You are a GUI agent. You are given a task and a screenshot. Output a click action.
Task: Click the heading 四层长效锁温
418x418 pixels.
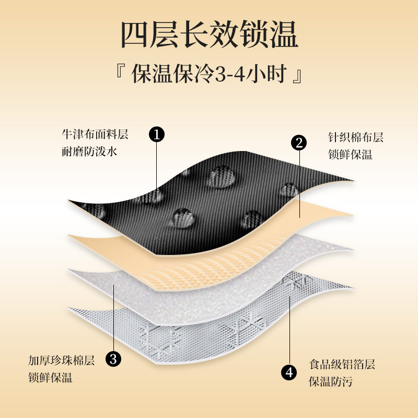pos(209,36)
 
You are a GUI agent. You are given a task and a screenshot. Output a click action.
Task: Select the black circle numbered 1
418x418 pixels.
pos(157,134)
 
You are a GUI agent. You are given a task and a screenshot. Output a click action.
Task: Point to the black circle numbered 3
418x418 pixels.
pos(113,358)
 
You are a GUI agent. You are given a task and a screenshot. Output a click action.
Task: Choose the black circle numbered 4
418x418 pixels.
pos(290,372)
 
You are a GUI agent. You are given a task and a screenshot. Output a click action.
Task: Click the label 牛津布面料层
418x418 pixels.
pos(94,134)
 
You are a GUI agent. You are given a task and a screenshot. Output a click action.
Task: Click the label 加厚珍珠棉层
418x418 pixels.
pos(62,361)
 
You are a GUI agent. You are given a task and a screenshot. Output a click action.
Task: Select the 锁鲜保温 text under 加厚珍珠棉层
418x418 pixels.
pos(51,378)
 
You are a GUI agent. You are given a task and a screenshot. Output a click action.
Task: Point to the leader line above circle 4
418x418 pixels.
pos(290,329)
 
